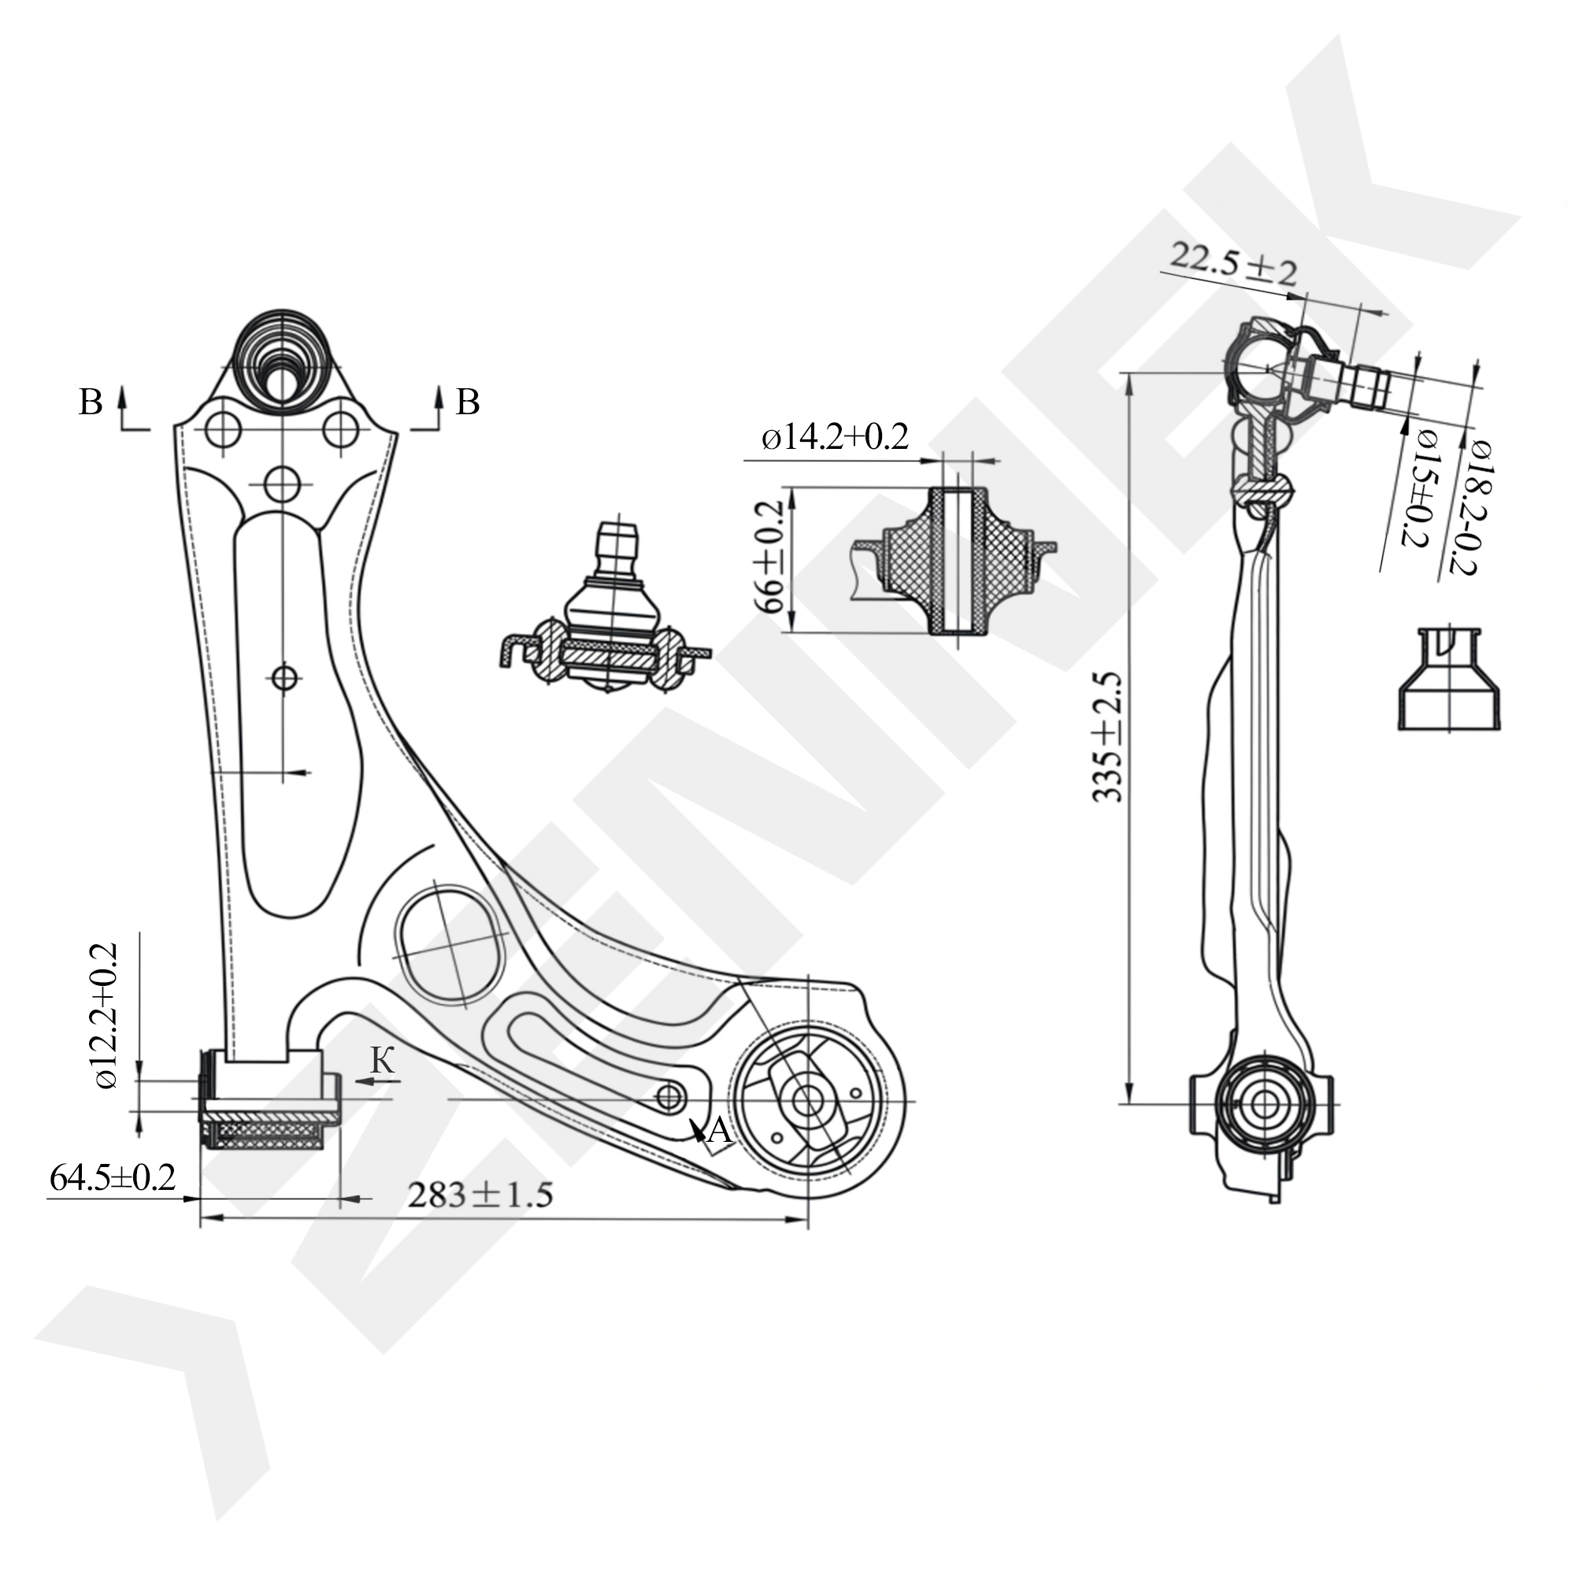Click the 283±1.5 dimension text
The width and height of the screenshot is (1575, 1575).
(x=480, y=1196)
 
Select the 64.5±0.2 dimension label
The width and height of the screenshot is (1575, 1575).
(x=113, y=1178)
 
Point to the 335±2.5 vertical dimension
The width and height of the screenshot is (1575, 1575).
(x=1108, y=738)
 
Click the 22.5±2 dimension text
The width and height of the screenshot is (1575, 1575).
(x=1232, y=264)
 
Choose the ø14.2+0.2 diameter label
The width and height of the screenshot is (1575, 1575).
(x=835, y=438)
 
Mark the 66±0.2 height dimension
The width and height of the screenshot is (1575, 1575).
(x=769, y=557)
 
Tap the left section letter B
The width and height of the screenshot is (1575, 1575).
(x=91, y=402)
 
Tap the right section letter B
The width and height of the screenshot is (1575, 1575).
(x=467, y=402)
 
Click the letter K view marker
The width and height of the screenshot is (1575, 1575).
(x=383, y=1061)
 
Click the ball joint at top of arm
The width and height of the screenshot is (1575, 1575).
(x=280, y=362)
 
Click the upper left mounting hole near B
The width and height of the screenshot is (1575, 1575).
(x=223, y=430)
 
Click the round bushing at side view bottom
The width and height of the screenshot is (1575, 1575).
(x=1265, y=1104)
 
